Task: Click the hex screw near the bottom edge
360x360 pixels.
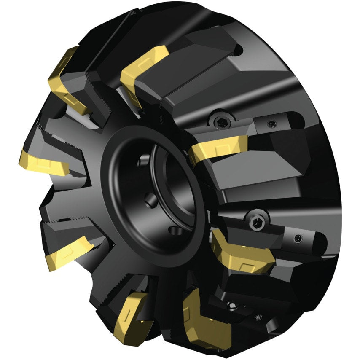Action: click(231, 305)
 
